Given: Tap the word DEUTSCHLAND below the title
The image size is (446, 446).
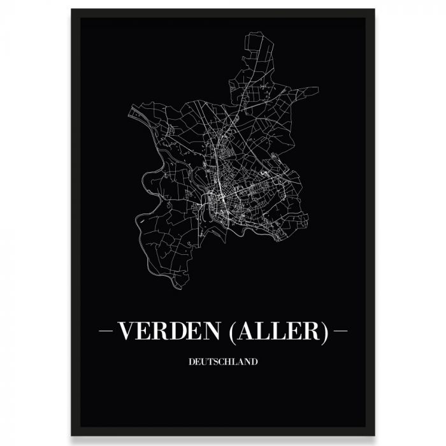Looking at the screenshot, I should click(223, 362).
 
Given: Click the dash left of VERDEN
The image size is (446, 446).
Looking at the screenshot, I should click(106, 332).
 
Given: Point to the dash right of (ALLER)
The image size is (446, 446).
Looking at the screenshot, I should click(340, 332).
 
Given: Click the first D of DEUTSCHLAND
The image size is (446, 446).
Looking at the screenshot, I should click(192, 362).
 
